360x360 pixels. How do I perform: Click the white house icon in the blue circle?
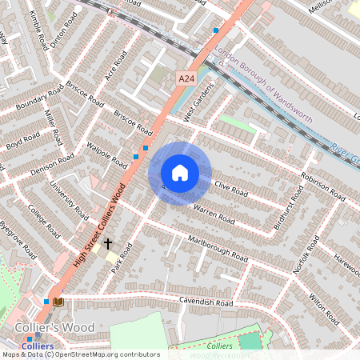(180, 173)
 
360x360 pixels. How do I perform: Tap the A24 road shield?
(186, 78)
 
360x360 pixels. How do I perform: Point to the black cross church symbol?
(106, 242)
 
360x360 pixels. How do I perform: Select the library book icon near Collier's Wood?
(59, 302)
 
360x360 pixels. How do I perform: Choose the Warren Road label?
(214, 215)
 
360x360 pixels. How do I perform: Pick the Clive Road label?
(233, 189)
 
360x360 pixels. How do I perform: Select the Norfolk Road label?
(306, 255)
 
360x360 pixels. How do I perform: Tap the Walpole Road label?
(107, 155)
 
